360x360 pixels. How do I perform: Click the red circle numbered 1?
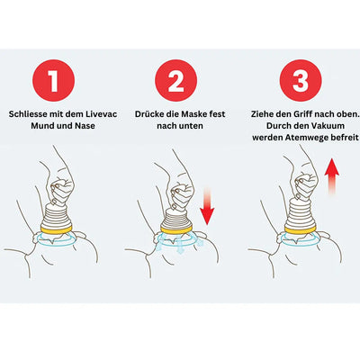53,80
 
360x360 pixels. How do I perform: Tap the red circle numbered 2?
176,80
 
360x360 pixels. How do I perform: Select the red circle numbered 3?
301,80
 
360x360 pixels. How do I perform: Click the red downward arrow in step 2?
207,205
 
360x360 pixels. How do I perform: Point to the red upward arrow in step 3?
332,177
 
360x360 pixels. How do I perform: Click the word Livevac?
101,114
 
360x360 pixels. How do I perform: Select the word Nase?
85,126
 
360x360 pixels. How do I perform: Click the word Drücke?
148,114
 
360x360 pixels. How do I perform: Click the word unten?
193,126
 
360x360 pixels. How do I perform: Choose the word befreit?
343,138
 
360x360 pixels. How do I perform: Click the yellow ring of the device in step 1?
56,230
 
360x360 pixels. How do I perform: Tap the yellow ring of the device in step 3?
301,230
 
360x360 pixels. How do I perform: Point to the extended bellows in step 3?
301,214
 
